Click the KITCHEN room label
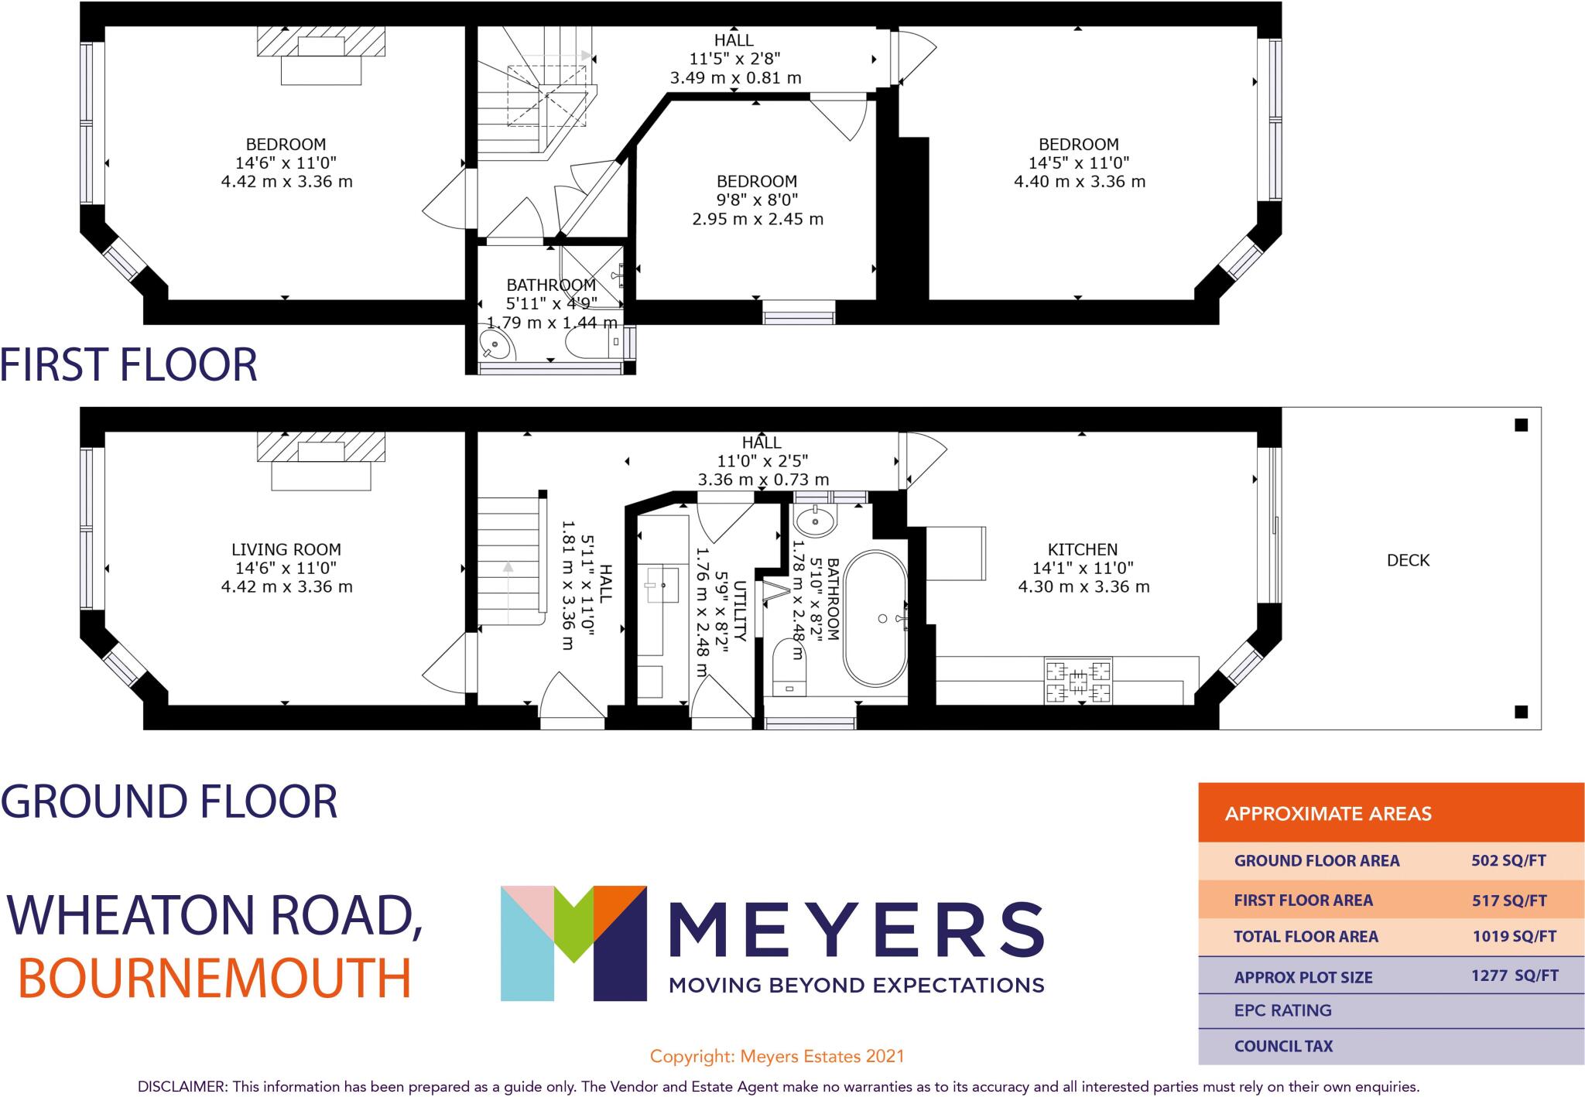coord(1082,550)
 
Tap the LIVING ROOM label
coord(286,550)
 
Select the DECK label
coord(1408,560)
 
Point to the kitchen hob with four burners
coord(1078,681)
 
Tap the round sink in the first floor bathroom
coord(496,345)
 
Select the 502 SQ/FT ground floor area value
coord(1508,860)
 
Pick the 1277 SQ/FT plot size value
coord(1515,976)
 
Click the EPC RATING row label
coord(1282,1010)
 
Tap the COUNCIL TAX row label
coord(1283,1047)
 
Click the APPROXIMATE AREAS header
coord(1328,814)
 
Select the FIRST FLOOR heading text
coord(128,365)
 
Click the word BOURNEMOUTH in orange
coord(214,978)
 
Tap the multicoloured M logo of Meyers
coord(573,943)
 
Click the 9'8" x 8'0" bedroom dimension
coord(757,200)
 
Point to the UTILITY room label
coord(740,611)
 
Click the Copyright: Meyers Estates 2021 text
coord(776,1056)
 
